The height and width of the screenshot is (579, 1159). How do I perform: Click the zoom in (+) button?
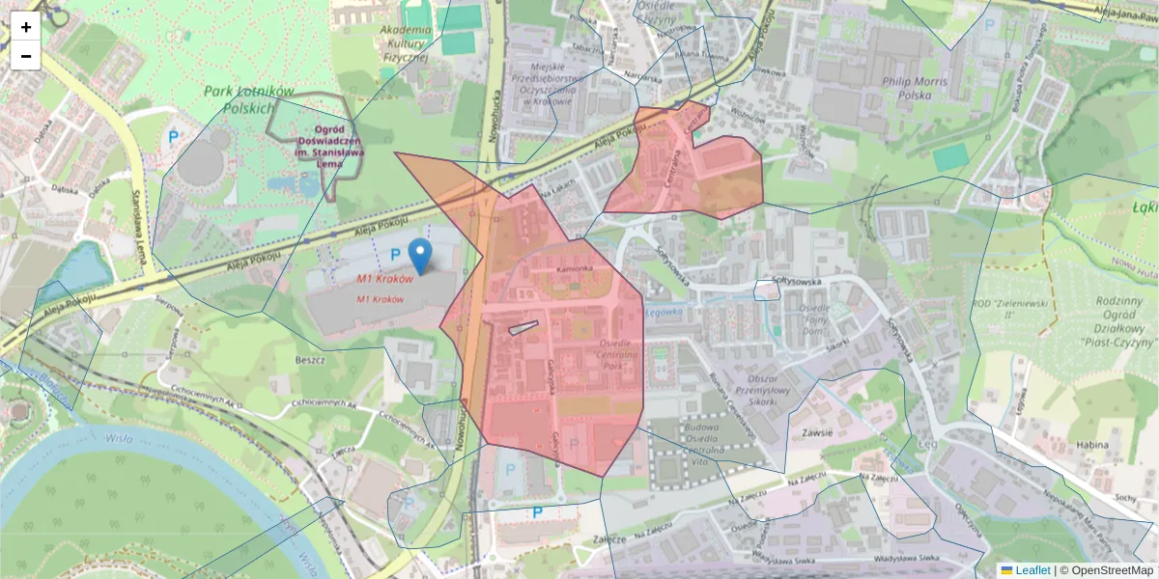tap(26, 27)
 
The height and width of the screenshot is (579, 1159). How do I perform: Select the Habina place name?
tap(1092, 445)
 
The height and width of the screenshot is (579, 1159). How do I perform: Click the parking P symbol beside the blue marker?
tap(394, 253)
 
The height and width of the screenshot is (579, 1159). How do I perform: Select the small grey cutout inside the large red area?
tap(523, 328)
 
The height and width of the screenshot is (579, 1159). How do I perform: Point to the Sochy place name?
tap(1123, 498)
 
